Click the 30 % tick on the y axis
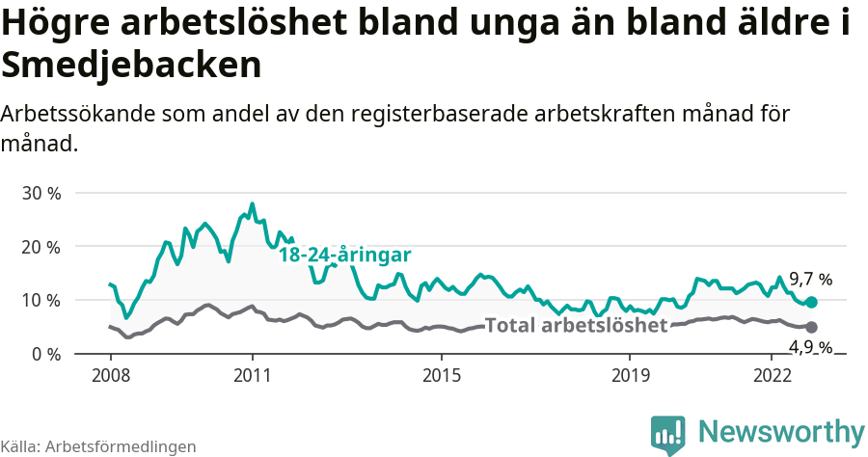[x=41, y=193]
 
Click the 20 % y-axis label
[x=41, y=247]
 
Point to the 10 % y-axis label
[x=41, y=300]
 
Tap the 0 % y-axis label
[x=44, y=354]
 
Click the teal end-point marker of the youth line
[x=811, y=303]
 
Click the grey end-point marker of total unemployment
[x=811, y=328]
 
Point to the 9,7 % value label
[x=810, y=280]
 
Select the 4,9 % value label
[x=810, y=347]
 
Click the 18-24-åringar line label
[x=345, y=255]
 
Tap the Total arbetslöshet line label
[x=576, y=326]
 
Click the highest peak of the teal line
[x=252, y=204]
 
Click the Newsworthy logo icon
[x=668, y=435]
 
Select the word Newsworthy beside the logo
[x=781, y=431]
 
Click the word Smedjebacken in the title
[x=132, y=66]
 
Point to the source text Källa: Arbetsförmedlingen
[x=98, y=446]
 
